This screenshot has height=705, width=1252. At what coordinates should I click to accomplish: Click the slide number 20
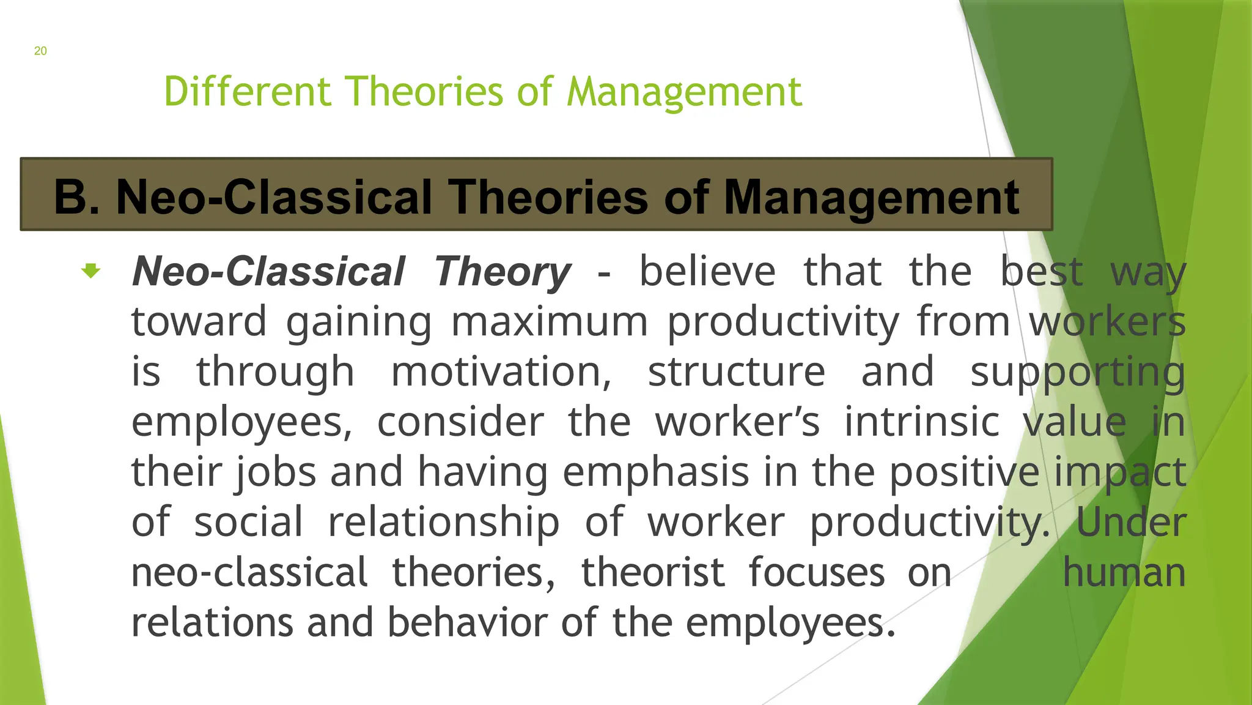coord(40,51)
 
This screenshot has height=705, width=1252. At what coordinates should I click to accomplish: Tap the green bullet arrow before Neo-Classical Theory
coord(91,270)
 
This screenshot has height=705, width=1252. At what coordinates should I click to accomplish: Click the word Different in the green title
coord(247,92)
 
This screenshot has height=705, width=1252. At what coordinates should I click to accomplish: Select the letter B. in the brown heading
coord(77,197)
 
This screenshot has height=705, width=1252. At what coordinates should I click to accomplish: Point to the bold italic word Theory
coord(503,272)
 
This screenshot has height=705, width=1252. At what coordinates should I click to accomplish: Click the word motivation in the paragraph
coord(501,372)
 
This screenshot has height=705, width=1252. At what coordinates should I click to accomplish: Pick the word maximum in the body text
coord(549,322)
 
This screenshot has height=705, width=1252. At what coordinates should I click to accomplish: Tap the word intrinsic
coord(921,422)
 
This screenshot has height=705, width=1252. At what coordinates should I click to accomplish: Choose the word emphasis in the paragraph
coord(655,472)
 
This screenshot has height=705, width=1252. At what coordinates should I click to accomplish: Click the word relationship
coord(443,523)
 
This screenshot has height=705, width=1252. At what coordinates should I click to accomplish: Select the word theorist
coord(652,573)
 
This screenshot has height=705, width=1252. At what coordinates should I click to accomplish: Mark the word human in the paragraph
coord(1124,573)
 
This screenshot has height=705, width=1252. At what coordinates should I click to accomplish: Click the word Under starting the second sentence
coord(1131,523)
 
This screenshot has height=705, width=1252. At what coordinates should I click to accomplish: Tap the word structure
coord(736,372)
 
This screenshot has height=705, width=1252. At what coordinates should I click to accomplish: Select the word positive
coord(963,472)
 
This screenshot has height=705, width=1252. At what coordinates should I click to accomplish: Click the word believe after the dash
coord(707,272)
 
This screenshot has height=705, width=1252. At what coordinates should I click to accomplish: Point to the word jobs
coord(276,472)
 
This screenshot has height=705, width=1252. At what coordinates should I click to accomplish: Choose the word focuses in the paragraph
coord(816,573)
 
